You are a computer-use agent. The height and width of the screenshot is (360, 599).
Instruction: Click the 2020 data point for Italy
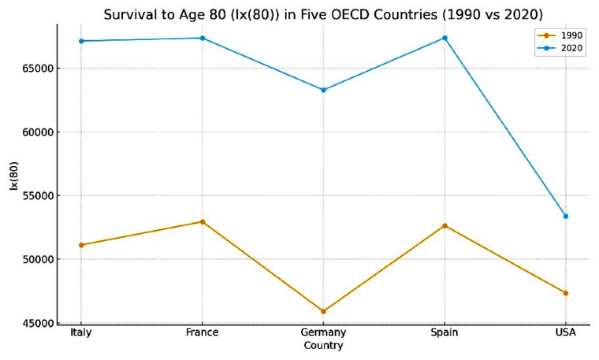[81, 41]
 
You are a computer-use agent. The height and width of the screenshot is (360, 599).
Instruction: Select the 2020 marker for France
[202, 38]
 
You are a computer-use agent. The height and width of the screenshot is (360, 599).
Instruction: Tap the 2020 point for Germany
[323, 90]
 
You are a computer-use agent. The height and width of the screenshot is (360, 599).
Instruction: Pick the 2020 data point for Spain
[445, 38]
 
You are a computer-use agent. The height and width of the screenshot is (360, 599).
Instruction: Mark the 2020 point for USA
[565, 216]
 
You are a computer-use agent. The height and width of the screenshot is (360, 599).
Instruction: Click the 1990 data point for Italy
[81, 245]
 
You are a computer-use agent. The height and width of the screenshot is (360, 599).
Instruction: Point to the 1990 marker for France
[202, 222]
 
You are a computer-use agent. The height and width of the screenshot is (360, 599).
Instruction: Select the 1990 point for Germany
[323, 311]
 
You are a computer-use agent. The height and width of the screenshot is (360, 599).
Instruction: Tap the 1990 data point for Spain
[445, 226]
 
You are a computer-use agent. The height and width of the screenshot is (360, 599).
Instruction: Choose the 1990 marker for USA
[565, 293]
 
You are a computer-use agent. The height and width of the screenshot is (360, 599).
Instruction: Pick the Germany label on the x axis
[323, 333]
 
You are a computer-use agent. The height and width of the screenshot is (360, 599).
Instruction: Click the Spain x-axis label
[445, 333]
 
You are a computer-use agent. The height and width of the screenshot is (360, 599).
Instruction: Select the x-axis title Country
[323, 346]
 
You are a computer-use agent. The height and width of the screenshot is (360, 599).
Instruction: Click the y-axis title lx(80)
[14, 176]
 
